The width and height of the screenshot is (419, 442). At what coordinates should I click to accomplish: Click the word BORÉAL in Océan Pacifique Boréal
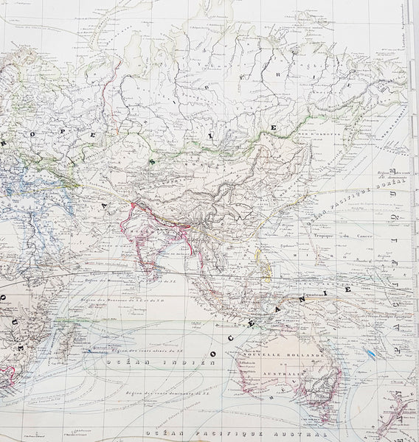point(391,186)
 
